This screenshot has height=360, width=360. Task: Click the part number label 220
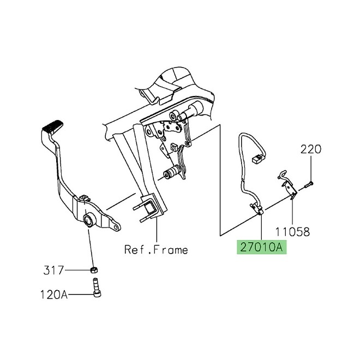click(x=311, y=149)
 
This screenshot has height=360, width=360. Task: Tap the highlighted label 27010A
click(x=261, y=247)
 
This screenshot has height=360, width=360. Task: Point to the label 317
click(x=53, y=270)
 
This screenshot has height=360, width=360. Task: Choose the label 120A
click(x=54, y=294)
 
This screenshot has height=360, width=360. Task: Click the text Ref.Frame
click(x=156, y=250)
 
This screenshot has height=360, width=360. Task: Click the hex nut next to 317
click(x=94, y=270)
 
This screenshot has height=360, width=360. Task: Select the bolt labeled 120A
click(x=97, y=287)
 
